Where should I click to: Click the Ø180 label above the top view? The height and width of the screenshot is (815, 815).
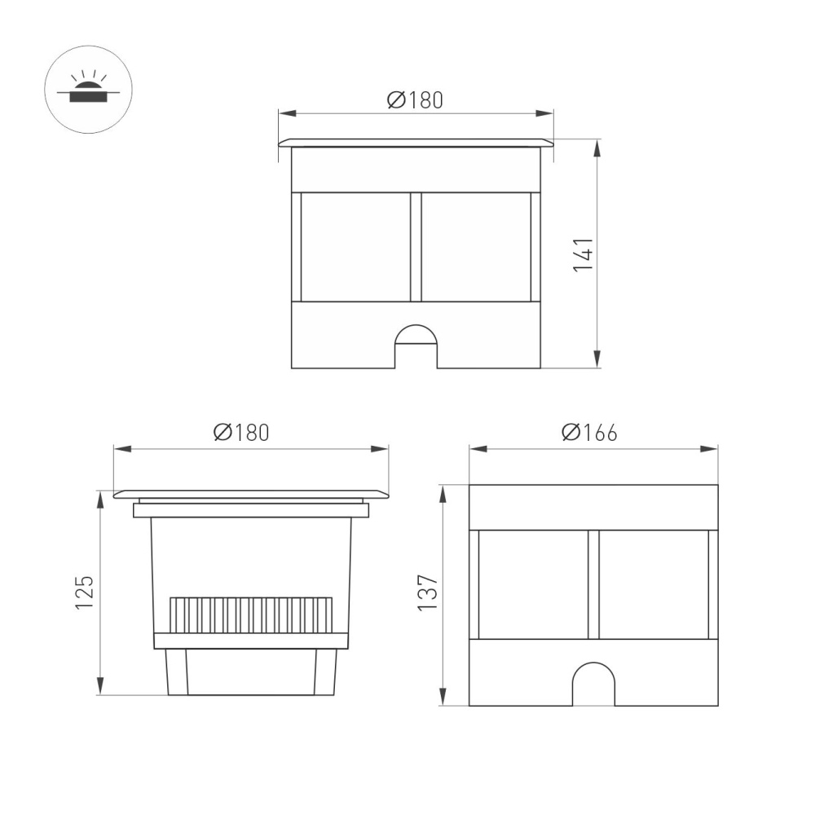(415, 100)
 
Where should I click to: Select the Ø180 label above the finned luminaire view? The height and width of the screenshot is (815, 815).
(241, 433)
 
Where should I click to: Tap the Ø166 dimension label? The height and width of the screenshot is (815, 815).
(589, 433)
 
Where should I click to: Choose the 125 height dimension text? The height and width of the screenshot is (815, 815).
(86, 593)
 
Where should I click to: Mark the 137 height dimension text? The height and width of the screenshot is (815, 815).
(429, 593)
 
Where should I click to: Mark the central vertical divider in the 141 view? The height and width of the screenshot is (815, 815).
(416, 247)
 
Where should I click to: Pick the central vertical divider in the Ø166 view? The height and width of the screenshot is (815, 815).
(593, 584)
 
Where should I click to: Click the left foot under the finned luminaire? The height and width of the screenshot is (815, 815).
(177, 672)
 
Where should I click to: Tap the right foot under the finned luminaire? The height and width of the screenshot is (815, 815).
(326, 672)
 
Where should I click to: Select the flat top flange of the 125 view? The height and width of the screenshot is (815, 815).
(251, 494)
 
